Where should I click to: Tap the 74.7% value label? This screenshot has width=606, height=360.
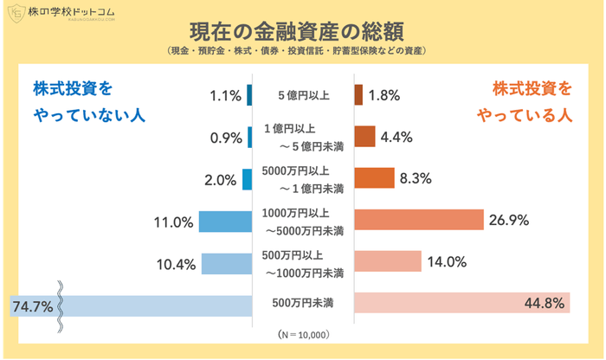coord(33,305)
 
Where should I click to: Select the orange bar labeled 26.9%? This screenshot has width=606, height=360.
coord(418,221)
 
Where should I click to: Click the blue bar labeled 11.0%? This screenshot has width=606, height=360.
coord(224,222)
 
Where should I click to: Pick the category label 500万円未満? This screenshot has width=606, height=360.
coord(303,304)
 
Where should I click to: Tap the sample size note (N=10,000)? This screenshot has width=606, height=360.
coord(303,334)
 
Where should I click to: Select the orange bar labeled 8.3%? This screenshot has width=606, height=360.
coord(374,178)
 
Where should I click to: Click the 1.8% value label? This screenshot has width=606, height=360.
coord(384,95)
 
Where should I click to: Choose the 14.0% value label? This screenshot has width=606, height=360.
coord(448,262)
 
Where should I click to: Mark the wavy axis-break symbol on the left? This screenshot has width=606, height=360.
coord(61,305)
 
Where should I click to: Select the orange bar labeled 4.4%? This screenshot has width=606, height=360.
coord(364,137)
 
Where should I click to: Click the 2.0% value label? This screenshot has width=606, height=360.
coord(221,180)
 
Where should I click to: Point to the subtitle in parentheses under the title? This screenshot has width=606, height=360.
coord(303,52)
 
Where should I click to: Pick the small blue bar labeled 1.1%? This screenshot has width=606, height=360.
coord(248,94)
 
